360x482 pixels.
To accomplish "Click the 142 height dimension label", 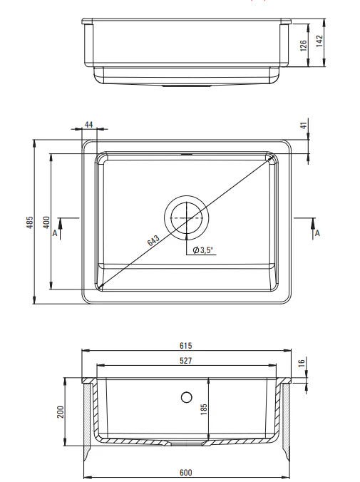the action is [x=319, y=41].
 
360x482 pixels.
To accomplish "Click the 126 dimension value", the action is [x=303, y=46].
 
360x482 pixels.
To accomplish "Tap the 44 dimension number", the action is [x=88, y=125].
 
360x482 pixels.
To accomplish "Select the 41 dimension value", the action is [x=304, y=125].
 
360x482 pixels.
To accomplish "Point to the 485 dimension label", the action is [x=30, y=222].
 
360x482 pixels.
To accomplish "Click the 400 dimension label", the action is [x=46, y=222].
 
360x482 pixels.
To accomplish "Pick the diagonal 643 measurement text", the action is [x=153, y=240].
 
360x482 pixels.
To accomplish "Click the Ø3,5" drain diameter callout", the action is [x=202, y=250].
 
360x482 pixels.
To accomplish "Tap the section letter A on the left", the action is [x=55, y=233].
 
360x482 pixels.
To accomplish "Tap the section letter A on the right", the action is [x=317, y=233].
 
